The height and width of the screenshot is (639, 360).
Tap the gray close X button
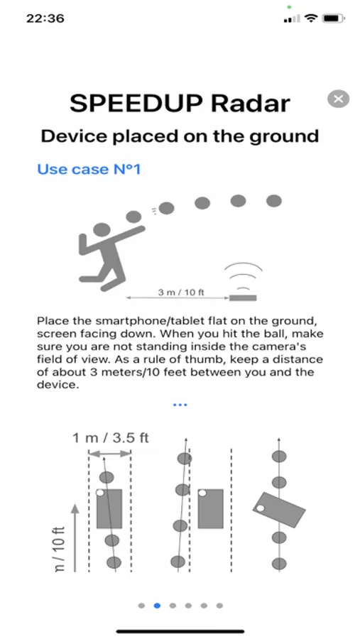point(338,99)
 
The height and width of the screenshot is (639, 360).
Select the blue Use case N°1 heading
point(89,169)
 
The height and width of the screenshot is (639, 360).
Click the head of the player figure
point(102,230)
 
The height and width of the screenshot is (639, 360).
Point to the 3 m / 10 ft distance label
point(181,293)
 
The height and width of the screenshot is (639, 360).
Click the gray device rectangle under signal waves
point(243,298)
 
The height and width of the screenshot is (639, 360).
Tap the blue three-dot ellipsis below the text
point(180,405)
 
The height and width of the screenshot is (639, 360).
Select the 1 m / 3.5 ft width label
point(111,438)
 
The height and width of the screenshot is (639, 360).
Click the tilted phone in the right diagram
point(279,510)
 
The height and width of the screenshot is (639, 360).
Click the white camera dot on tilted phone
point(260,508)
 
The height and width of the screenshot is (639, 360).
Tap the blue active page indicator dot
point(157,606)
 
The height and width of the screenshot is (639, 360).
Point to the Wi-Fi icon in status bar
point(311,18)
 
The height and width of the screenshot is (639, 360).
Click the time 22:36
point(45,18)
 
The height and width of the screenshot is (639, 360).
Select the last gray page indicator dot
point(219,606)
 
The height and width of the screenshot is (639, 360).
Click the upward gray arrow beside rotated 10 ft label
point(75,537)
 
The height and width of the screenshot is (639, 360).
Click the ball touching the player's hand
point(133,217)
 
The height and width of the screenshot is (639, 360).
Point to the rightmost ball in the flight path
point(273,201)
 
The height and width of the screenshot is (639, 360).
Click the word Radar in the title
point(251,104)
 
